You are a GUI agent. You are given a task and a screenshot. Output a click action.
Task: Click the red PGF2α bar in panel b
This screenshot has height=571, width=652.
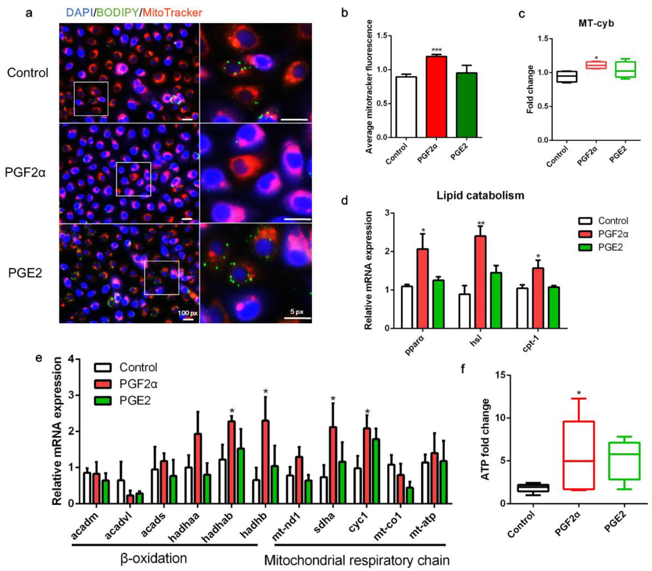click(x=436, y=97)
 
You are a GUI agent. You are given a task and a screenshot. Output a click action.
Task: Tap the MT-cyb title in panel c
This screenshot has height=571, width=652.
click(x=596, y=23)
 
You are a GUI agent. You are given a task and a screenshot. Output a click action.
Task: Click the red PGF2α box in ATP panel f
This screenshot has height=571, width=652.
click(x=579, y=455)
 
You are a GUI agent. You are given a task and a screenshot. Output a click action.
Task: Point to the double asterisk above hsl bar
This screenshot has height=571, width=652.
click(x=481, y=223)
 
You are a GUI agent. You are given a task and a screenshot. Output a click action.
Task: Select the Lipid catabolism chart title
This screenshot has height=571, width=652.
click(x=480, y=195)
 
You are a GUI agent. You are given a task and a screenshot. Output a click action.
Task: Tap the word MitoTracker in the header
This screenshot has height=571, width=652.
click(x=172, y=13)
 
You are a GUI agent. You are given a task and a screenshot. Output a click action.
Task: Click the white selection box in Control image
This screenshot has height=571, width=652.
click(x=91, y=99)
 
